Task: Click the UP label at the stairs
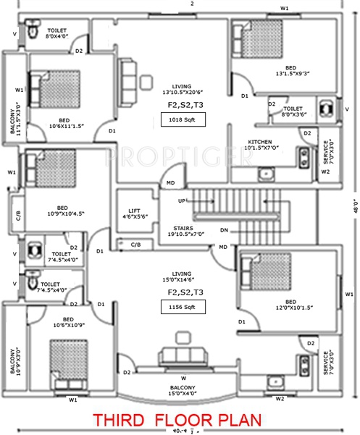183,200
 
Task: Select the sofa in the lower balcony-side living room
180,355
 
